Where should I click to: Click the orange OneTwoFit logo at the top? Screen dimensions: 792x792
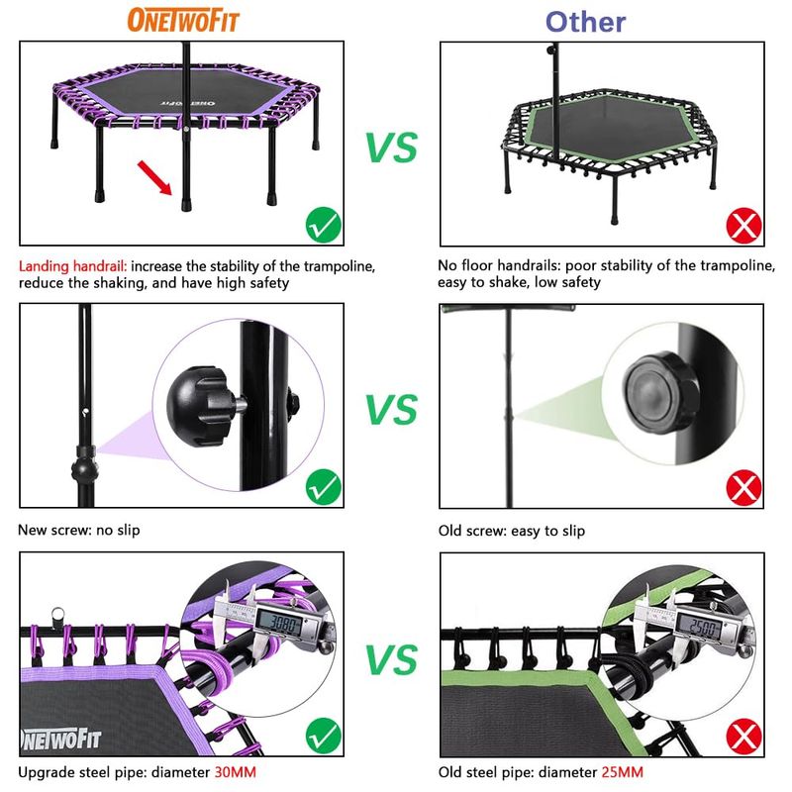click(183, 20)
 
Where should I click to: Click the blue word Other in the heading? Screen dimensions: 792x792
click(585, 22)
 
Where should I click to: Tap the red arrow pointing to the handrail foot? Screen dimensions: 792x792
click(154, 177)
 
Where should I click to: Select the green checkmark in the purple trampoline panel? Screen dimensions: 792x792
click(324, 225)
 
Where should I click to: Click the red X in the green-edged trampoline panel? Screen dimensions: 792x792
click(744, 226)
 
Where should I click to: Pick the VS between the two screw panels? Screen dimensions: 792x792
click(392, 409)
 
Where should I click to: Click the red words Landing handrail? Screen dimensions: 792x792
click(72, 266)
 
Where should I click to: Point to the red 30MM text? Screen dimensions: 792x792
click(236, 772)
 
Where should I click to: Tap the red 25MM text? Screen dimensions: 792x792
click(622, 772)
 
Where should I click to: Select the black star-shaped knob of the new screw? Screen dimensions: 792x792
click(200, 407)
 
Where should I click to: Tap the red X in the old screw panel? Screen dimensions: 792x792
click(744, 488)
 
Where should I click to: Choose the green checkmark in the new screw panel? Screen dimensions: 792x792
click(324, 487)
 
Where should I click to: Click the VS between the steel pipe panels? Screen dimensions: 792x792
click(392, 659)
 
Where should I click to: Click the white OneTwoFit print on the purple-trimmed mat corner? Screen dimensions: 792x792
click(60, 739)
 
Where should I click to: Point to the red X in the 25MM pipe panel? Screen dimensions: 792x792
click(744, 737)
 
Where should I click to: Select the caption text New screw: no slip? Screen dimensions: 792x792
click(79, 530)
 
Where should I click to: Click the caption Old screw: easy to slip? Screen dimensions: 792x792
click(512, 531)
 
